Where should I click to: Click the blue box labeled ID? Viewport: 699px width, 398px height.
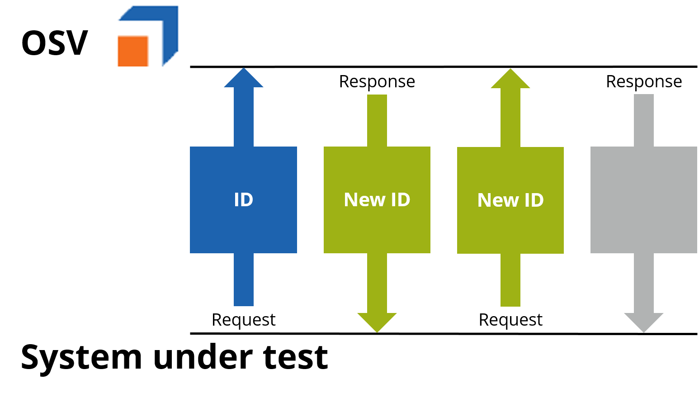243,226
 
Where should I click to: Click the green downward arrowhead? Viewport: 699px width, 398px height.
377,322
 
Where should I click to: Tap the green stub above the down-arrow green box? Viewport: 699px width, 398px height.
377,120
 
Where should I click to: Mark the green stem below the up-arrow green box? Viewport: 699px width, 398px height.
510,280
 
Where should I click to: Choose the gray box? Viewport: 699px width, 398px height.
643,199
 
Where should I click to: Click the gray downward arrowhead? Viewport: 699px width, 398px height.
643,322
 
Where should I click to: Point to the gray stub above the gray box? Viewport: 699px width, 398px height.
643,120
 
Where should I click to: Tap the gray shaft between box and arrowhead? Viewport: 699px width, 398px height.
643,283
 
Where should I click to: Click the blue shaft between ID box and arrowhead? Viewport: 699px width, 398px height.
243,117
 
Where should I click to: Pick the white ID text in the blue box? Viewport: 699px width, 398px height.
243,200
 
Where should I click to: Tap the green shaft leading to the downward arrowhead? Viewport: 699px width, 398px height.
377,283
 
